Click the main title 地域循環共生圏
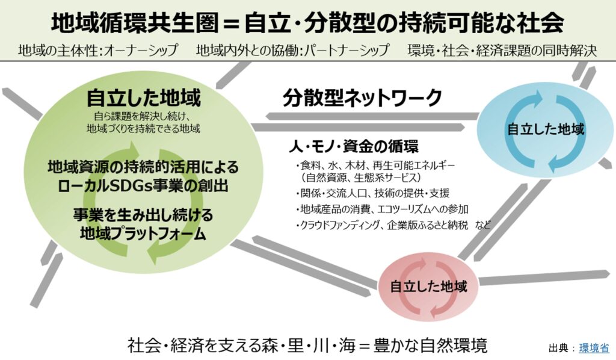(x=134, y=23)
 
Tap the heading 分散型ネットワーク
(x=362, y=98)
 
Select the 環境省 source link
(x=594, y=348)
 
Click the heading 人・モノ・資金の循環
(x=354, y=146)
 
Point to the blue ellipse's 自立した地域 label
(x=546, y=129)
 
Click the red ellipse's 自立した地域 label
(x=428, y=286)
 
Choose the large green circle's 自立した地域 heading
(x=143, y=98)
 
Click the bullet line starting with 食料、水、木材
(x=375, y=165)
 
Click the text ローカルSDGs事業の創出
(x=143, y=185)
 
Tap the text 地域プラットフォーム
(x=143, y=234)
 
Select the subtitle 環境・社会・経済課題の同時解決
(x=502, y=51)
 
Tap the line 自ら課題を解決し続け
(x=143, y=116)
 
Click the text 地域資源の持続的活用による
(x=143, y=167)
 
